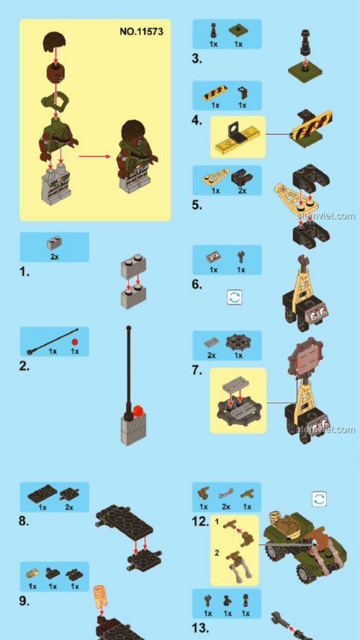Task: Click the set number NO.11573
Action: click(141, 32)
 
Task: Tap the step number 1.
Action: click(24, 272)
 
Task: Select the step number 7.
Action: click(197, 370)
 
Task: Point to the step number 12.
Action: click(200, 522)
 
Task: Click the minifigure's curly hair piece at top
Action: click(55, 43)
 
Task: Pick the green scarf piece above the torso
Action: click(54, 101)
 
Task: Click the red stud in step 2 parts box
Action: click(74, 342)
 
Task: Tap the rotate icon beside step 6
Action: click(234, 297)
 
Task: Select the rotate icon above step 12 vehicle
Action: click(319, 499)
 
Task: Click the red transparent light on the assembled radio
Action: click(138, 410)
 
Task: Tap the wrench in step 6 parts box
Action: click(240, 257)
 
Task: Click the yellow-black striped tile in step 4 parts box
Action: click(215, 93)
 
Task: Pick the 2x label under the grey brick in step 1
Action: click(54, 257)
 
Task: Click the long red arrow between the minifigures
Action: click(95, 156)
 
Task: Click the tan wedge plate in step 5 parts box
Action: click(215, 177)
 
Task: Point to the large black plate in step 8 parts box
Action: click(42, 494)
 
